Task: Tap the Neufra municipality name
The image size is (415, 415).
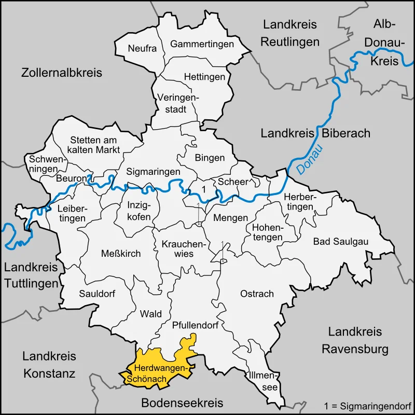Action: [x=142, y=49]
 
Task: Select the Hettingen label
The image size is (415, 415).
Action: [x=205, y=77]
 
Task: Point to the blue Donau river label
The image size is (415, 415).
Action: [x=309, y=160]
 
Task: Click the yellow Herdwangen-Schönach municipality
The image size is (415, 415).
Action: [x=156, y=366]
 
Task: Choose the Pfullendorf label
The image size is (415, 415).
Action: [x=195, y=326]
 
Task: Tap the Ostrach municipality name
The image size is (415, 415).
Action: [x=257, y=294]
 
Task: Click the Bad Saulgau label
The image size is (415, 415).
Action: [x=337, y=241]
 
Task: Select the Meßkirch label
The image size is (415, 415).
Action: [x=121, y=253]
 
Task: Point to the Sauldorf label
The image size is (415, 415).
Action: [x=97, y=294]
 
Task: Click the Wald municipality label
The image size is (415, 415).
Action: [x=151, y=314]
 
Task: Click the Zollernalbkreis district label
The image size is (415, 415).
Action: [x=62, y=73]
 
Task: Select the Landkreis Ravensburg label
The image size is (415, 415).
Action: [x=355, y=340]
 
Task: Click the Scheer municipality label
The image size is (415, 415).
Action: [x=233, y=182]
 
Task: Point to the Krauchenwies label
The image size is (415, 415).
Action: [x=177, y=248]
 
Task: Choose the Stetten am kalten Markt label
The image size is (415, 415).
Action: [x=95, y=145]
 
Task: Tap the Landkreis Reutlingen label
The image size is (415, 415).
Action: [x=290, y=33]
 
